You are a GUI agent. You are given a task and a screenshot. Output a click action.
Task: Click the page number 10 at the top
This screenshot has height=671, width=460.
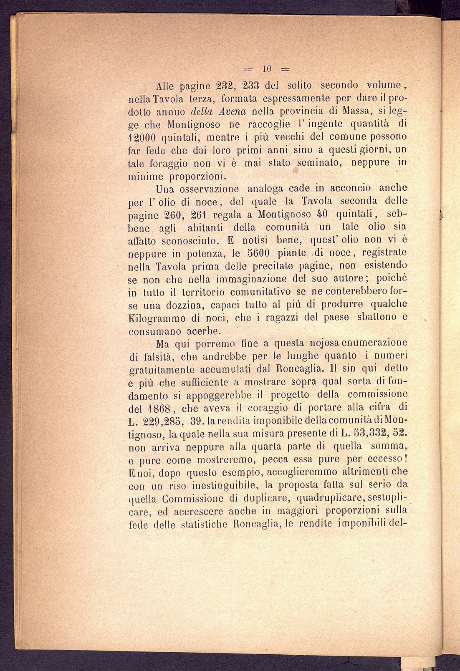[x=267, y=68]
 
